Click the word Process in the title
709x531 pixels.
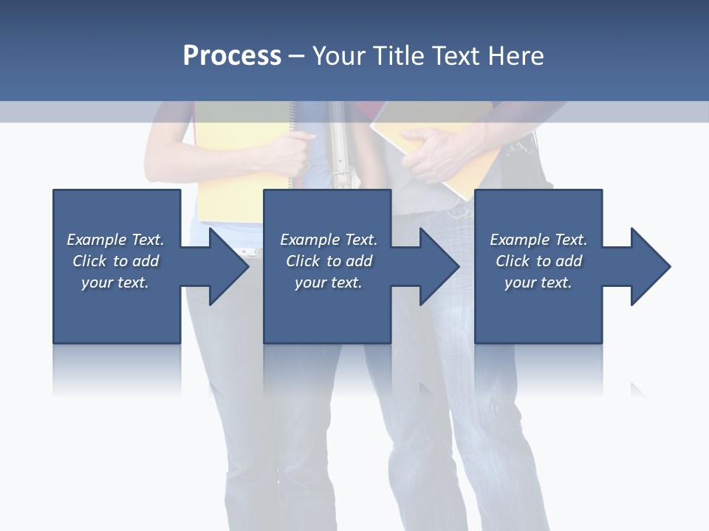click(x=232, y=55)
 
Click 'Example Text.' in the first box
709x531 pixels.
click(x=115, y=240)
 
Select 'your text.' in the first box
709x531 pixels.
click(x=115, y=282)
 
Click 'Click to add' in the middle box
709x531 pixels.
click(x=329, y=261)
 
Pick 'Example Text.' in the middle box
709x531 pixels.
click(x=329, y=240)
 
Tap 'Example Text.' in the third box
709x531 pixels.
click(x=538, y=240)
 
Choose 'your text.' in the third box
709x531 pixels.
click(x=538, y=282)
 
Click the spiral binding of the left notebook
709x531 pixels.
click(x=292, y=122)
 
